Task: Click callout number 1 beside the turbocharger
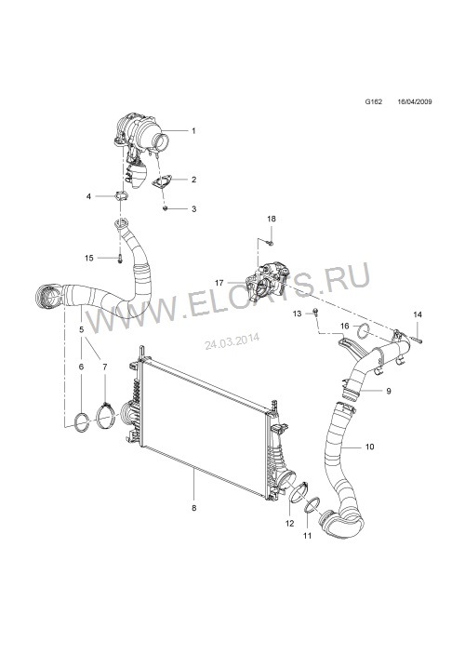pyautogui.click(x=193, y=131)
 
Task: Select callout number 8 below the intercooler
pyautogui.click(x=194, y=508)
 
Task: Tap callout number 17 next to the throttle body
pyautogui.click(x=219, y=283)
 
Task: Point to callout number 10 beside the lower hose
pyautogui.click(x=369, y=447)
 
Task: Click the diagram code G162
pyautogui.click(x=374, y=101)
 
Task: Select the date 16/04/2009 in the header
pyautogui.click(x=415, y=101)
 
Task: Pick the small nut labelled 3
pyautogui.click(x=166, y=207)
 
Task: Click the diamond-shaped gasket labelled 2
pyautogui.click(x=160, y=182)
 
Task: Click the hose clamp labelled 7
pyautogui.click(x=105, y=416)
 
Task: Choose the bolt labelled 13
pyautogui.click(x=315, y=313)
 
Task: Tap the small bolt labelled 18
pyautogui.click(x=271, y=243)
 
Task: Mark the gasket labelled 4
pyautogui.click(x=121, y=195)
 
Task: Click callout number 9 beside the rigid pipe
pyautogui.click(x=388, y=392)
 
